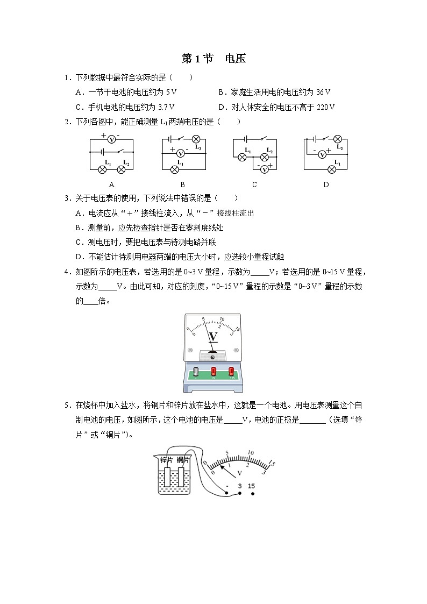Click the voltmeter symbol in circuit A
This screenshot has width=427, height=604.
(111, 139)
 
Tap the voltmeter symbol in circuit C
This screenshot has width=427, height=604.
(264, 169)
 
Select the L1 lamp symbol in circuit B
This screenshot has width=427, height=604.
(174, 169)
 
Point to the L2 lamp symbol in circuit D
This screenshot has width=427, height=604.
(338, 139)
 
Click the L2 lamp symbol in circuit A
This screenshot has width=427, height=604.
(122, 169)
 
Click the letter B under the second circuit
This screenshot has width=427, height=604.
(182, 184)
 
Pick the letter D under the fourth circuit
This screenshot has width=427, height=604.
(326, 184)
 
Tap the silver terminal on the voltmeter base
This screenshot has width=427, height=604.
(196, 372)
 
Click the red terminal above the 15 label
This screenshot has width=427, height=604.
(232, 371)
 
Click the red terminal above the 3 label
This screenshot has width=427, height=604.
(213, 371)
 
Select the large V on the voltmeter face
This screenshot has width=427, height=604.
(213, 337)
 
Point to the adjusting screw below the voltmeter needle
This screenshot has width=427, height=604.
(213, 356)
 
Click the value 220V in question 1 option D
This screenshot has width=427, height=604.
(325, 107)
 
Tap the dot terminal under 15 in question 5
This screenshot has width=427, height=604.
(252, 493)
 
